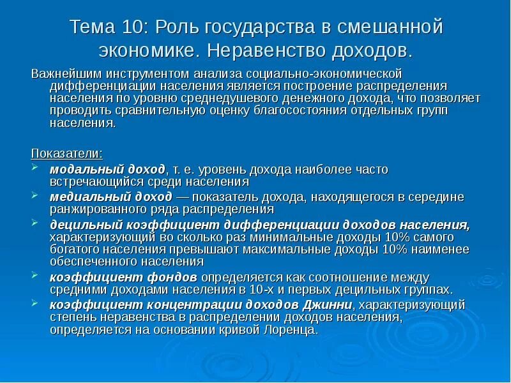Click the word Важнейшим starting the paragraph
click(66, 75)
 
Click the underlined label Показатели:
click(66, 153)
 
